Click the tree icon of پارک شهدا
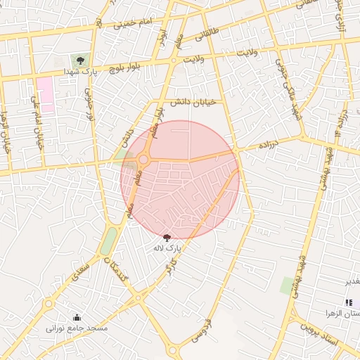(80, 60)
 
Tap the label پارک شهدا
(79, 72)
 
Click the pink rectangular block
(46, 96)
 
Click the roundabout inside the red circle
(144, 160)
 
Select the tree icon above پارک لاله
(167, 238)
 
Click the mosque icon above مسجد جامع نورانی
(77, 317)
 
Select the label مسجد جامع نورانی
(77, 328)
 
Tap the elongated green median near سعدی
(108, 241)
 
